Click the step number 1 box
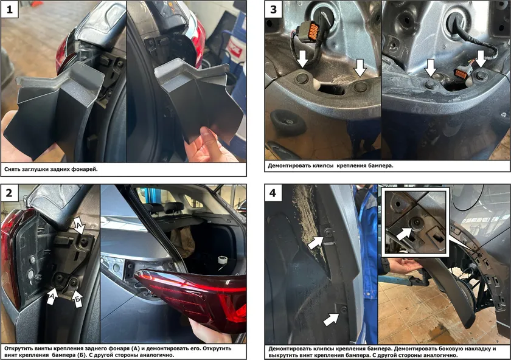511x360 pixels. (10, 10)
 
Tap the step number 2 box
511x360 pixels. (10, 193)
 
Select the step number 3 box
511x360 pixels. (274, 10)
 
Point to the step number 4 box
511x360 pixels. (273, 193)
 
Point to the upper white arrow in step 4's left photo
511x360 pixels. (316, 243)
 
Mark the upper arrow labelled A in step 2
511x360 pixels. (80, 227)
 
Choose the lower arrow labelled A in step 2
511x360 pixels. (52, 296)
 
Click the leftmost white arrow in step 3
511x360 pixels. (304, 58)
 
